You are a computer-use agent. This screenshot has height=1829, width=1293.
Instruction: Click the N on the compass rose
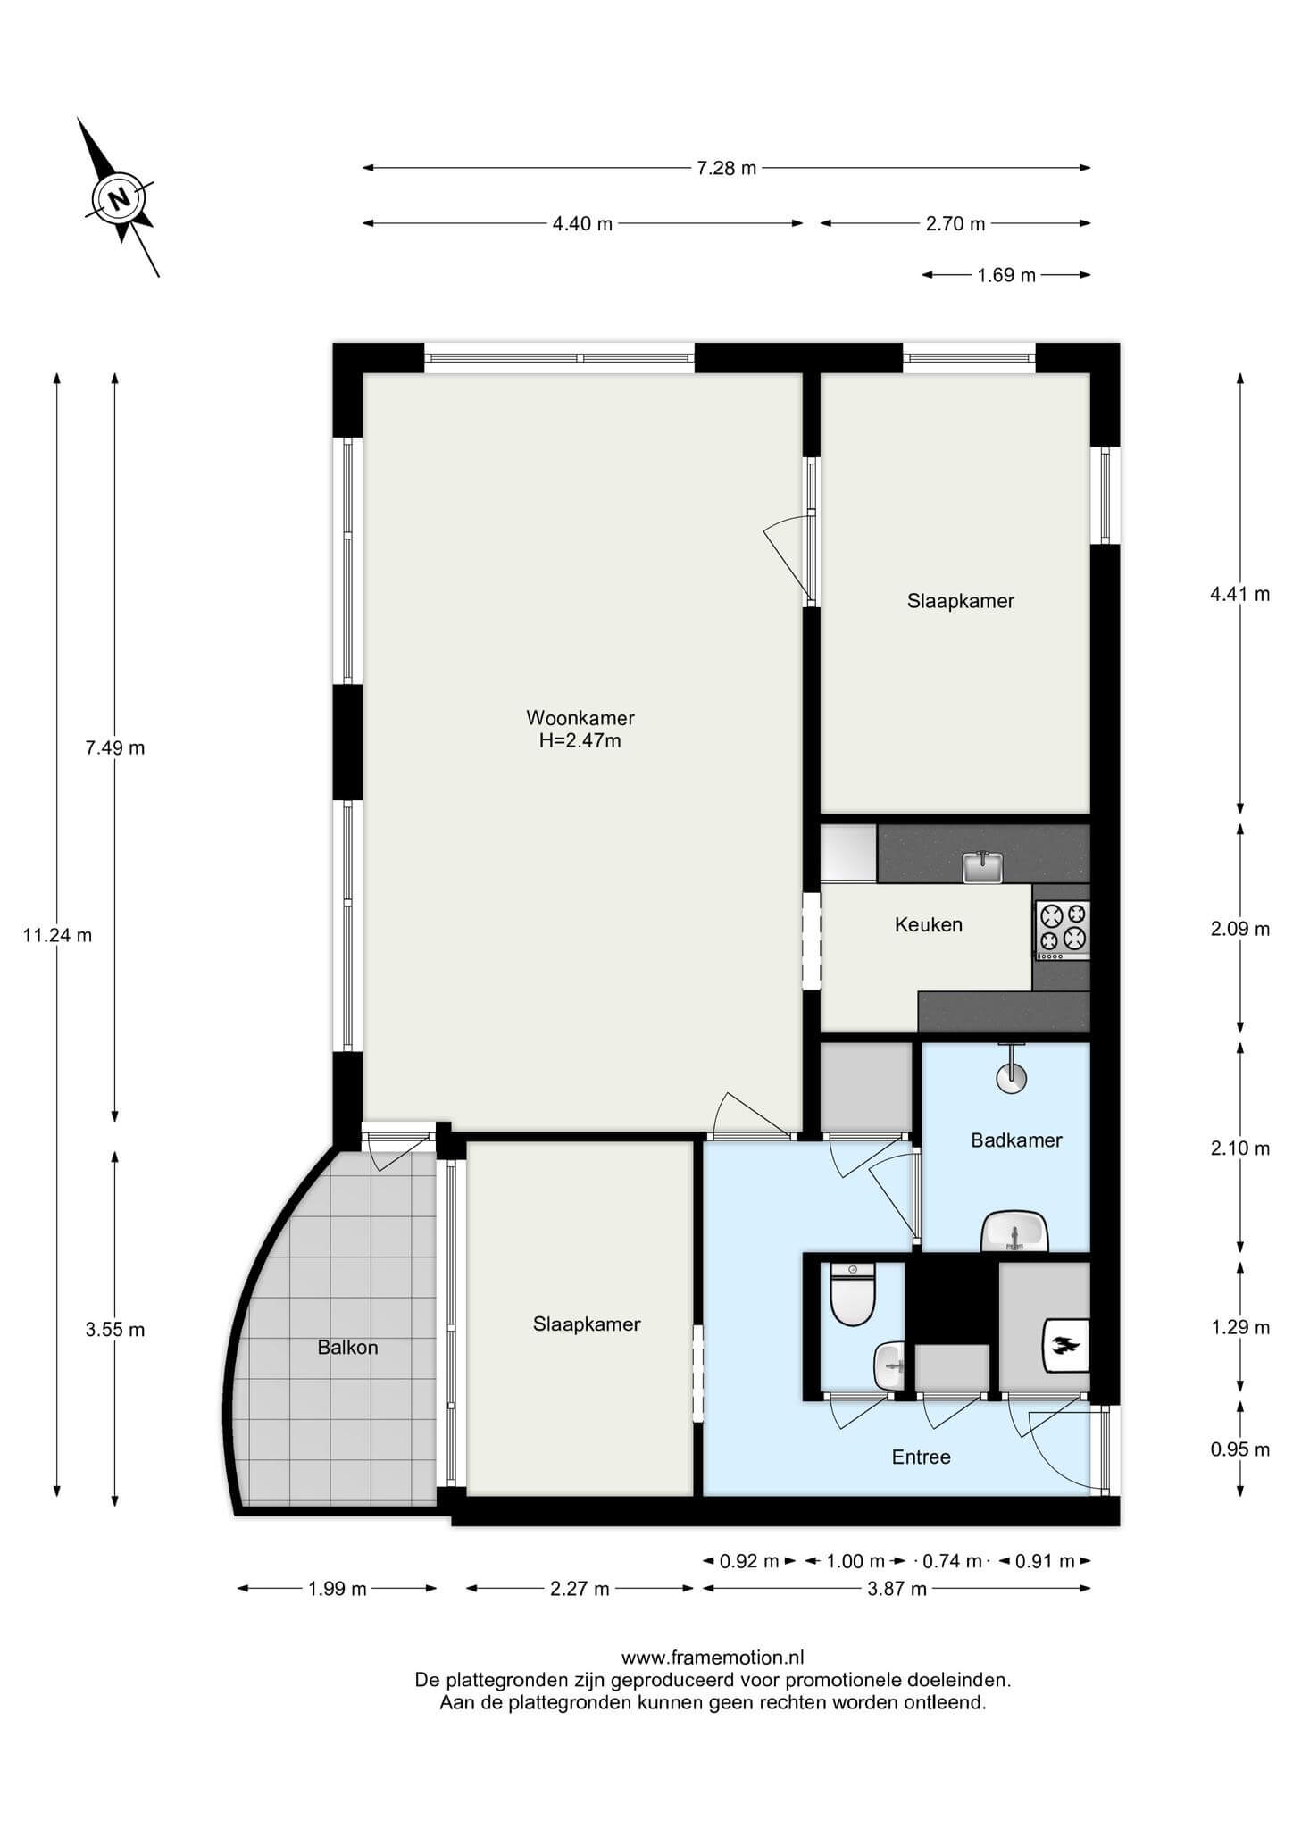coord(120,197)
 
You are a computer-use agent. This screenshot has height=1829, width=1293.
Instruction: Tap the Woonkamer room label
coord(580,718)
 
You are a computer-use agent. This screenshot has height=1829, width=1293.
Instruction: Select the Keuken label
coord(929,925)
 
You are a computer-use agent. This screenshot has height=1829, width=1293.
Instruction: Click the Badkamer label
coord(1017,1140)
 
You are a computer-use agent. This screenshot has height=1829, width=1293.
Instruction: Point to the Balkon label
coord(347,1348)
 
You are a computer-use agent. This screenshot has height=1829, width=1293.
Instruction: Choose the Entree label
coord(922,1457)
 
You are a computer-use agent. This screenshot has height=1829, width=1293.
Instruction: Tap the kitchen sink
coord(983,867)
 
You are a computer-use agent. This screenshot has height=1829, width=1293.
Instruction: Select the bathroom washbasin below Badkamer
coord(1014,1232)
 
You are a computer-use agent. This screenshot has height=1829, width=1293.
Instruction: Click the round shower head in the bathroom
coord(1012,1077)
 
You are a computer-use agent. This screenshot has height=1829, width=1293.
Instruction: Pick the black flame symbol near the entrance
coord(1066,1345)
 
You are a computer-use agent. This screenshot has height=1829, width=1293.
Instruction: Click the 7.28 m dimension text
coord(727,168)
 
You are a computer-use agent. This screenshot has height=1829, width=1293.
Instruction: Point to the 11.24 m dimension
coord(57,936)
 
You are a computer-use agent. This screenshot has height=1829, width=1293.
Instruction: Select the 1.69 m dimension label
coord(1006,275)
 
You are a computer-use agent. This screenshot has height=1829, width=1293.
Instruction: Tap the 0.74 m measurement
coord(952,1561)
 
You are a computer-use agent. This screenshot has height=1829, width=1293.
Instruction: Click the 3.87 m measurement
coord(897,1589)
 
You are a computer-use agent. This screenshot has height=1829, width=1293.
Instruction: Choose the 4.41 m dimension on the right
coord(1240,594)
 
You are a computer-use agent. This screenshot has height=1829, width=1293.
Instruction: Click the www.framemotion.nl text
coord(713,1658)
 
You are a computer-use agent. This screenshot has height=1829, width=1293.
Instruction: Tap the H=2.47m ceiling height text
coord(580,740)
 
